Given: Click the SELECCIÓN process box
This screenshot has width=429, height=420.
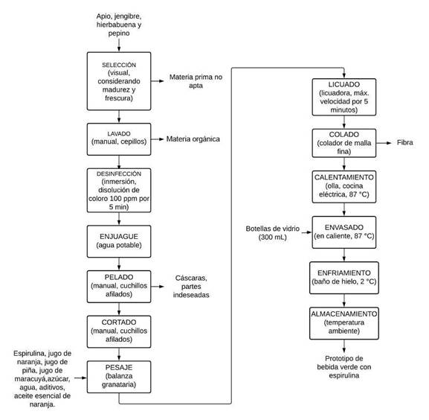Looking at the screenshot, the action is click(119, 81).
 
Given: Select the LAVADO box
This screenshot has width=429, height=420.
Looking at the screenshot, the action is click(119, 139).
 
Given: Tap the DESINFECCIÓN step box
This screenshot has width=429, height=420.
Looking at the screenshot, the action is click(119, 191).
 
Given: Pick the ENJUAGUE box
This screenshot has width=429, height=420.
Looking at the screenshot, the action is click(119, 241).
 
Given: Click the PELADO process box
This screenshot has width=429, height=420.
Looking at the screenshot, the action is click(119, 287).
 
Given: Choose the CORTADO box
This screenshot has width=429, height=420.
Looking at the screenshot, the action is click(119, 332).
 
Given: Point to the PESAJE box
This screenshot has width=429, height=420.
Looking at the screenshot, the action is click(119, 377).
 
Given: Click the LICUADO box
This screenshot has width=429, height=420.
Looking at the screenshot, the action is click(344, 97).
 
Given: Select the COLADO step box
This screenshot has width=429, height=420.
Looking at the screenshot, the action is click(344, 143).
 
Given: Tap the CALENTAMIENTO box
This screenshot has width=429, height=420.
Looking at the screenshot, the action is click(344, 187).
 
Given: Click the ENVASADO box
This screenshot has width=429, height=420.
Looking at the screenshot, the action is click(344, 232).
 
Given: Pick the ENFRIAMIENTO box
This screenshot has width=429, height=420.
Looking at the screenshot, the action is click(344, 278).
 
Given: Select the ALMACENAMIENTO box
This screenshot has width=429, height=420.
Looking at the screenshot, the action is click(344, 323).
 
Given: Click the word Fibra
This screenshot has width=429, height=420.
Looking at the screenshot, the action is click(405, 142).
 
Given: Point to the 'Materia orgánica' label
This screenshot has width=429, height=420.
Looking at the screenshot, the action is click(193, 139).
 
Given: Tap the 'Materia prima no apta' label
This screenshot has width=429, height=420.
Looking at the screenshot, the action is click(196, 81).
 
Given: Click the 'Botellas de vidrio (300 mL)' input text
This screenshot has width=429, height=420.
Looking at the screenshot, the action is click(273, 232).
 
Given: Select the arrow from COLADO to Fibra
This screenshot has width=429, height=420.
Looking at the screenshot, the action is click(384, 143).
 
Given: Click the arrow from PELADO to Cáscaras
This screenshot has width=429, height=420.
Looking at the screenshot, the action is click(158, 287).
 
